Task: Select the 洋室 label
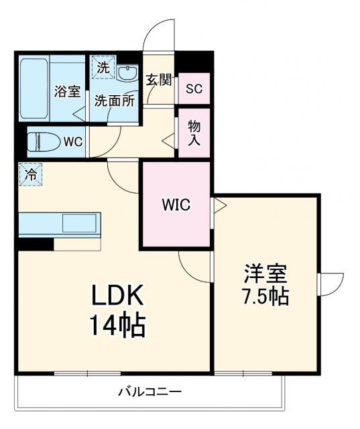coord(265,273)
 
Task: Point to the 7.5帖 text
coord(265,296)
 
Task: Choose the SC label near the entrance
coord(194,88)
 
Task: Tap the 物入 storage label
coord(194,132)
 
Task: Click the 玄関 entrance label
coord(160,80)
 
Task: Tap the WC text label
coord(72,142)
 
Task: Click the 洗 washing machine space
coord(103,67)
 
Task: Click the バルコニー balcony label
coord(150,391)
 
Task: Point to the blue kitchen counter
coord(59,223)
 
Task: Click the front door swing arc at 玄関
coord(160,35)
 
